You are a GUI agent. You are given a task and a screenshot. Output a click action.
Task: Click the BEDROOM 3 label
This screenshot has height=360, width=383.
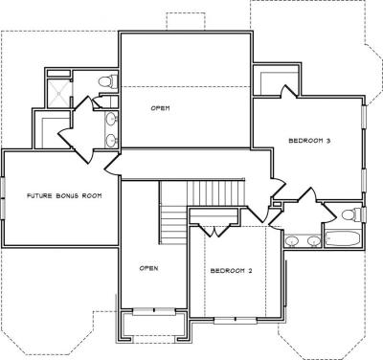click(309, 141)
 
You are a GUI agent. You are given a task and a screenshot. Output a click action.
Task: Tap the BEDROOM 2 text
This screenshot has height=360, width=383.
click(232, 271)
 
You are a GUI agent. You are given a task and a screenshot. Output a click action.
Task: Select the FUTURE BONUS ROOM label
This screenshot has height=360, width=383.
click(64, 195)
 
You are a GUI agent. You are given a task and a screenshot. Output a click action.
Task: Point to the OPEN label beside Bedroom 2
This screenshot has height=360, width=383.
click(148, 268)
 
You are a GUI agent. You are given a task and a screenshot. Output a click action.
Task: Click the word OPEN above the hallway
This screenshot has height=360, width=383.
click(160, 108)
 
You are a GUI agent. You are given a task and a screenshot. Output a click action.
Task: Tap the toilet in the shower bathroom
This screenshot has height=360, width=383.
click(108, 81)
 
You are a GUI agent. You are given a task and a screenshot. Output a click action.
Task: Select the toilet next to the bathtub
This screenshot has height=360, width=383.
click(351, 214)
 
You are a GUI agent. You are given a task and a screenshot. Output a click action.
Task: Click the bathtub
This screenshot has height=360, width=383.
click(343, 238)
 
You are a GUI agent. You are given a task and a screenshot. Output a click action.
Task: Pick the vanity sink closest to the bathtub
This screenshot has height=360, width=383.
click(313, 241)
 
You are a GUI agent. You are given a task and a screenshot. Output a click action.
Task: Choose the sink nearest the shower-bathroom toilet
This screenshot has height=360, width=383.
click(111, 119)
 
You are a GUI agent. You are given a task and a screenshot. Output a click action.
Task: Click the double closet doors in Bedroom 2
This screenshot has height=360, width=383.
click(214, 230)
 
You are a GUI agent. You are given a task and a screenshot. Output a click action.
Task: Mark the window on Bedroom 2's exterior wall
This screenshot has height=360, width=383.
click(236, 320)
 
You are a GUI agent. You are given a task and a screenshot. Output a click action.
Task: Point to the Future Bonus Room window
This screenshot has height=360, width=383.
click(3, 198)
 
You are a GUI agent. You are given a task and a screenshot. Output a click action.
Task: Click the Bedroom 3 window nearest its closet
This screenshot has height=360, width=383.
click(364, 117)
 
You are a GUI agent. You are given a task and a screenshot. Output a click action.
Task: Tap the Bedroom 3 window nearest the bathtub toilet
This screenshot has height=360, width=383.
click(364, 181)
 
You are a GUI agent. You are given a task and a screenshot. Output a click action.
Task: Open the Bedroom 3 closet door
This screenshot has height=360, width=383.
click(289, 92)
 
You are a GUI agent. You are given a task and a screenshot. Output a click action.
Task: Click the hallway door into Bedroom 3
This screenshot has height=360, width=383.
click(278, 188)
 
